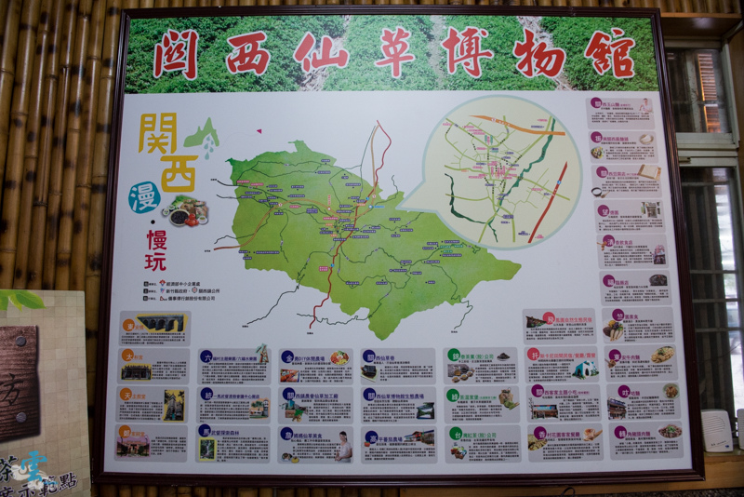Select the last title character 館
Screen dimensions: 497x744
(609, 53)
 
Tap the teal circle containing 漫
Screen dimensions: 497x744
(143, 196)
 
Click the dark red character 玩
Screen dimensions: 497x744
(155, 260)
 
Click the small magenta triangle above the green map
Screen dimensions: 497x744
(259, 131)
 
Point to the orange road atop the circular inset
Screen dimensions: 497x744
(507, 126)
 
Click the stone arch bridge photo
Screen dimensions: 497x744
(162, 323)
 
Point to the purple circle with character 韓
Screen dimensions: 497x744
(619, 432)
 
